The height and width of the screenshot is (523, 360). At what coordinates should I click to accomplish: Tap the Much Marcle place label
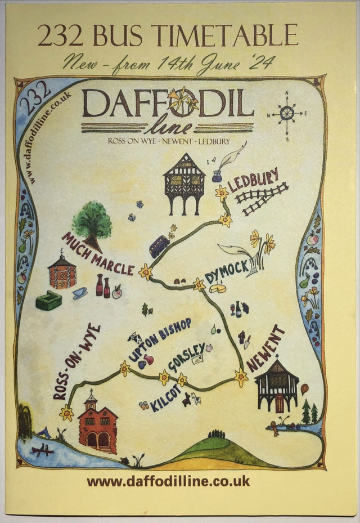(97, 254)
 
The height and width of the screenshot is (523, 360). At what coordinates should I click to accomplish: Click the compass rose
(287, 115)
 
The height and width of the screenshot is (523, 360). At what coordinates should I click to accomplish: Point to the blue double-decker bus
(159, 246)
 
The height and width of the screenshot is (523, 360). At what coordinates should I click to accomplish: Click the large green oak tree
(92, 221)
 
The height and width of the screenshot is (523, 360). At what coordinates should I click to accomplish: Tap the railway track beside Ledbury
(262, 198)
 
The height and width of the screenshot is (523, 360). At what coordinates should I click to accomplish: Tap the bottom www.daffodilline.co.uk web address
(168, 481)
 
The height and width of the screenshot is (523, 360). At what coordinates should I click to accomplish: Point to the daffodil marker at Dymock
(199, 284)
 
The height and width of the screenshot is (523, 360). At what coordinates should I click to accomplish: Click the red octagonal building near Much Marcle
(62, 272)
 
